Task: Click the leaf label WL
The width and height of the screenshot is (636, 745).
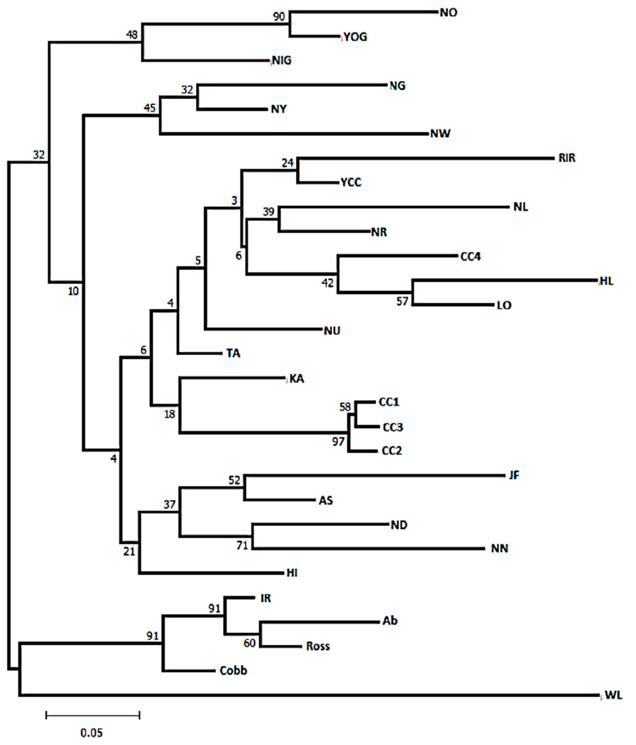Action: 613,695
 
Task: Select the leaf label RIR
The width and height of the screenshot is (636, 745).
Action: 567,158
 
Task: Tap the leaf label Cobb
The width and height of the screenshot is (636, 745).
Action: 233,670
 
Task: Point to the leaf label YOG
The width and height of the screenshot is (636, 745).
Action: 355,37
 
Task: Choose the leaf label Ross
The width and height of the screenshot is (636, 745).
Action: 318,646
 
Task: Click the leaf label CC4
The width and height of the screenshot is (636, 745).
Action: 470,256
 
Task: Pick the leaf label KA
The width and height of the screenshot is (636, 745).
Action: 297,378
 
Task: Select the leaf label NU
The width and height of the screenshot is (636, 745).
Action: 332,330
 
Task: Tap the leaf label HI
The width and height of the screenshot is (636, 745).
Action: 292,573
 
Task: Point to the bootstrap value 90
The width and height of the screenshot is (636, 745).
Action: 279,16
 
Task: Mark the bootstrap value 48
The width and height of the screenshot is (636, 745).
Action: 132,35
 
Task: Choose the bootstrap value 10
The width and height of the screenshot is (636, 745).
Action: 73,291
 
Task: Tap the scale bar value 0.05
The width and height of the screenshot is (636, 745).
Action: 91,733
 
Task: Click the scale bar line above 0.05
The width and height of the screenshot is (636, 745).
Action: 93,715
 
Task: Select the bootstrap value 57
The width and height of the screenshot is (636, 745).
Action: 402,301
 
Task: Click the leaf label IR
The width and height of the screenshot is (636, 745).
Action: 266,598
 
